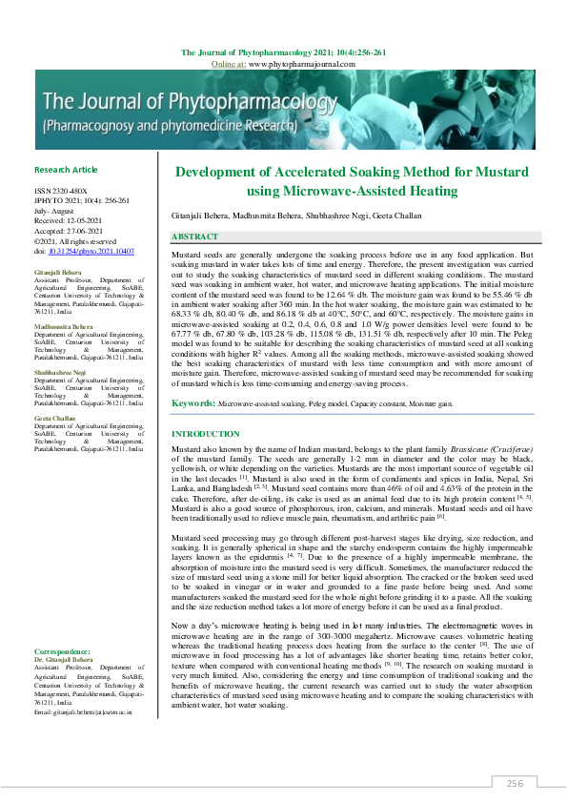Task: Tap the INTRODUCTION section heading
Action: [x=205, y=434]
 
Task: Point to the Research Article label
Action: [x=66, y=170]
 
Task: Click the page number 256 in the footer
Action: [x=516, y=783]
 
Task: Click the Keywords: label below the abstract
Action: [x=192, y=404]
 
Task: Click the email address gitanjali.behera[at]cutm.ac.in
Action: [x=83, y=712]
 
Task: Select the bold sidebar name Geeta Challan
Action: [x=53, y=419]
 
